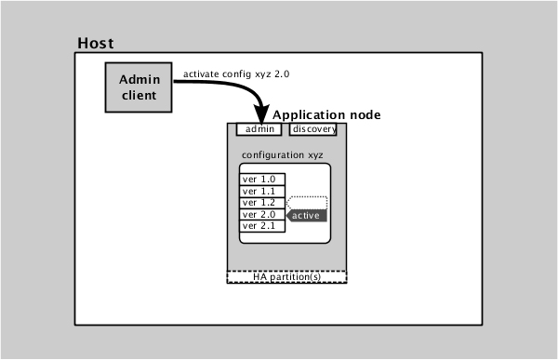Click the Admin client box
click(x=138, y=87)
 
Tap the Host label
click(x=96, y=44)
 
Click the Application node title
click(x=325, y=113)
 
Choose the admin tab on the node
click(x=259, y=129)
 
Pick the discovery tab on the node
click(x=312, y=129)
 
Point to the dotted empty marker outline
click(x=308, y=202)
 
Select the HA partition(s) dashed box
click(x=286, y=276)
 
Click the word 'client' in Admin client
click(x=138, y=95)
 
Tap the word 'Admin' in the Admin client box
click(x=138, y=80)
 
